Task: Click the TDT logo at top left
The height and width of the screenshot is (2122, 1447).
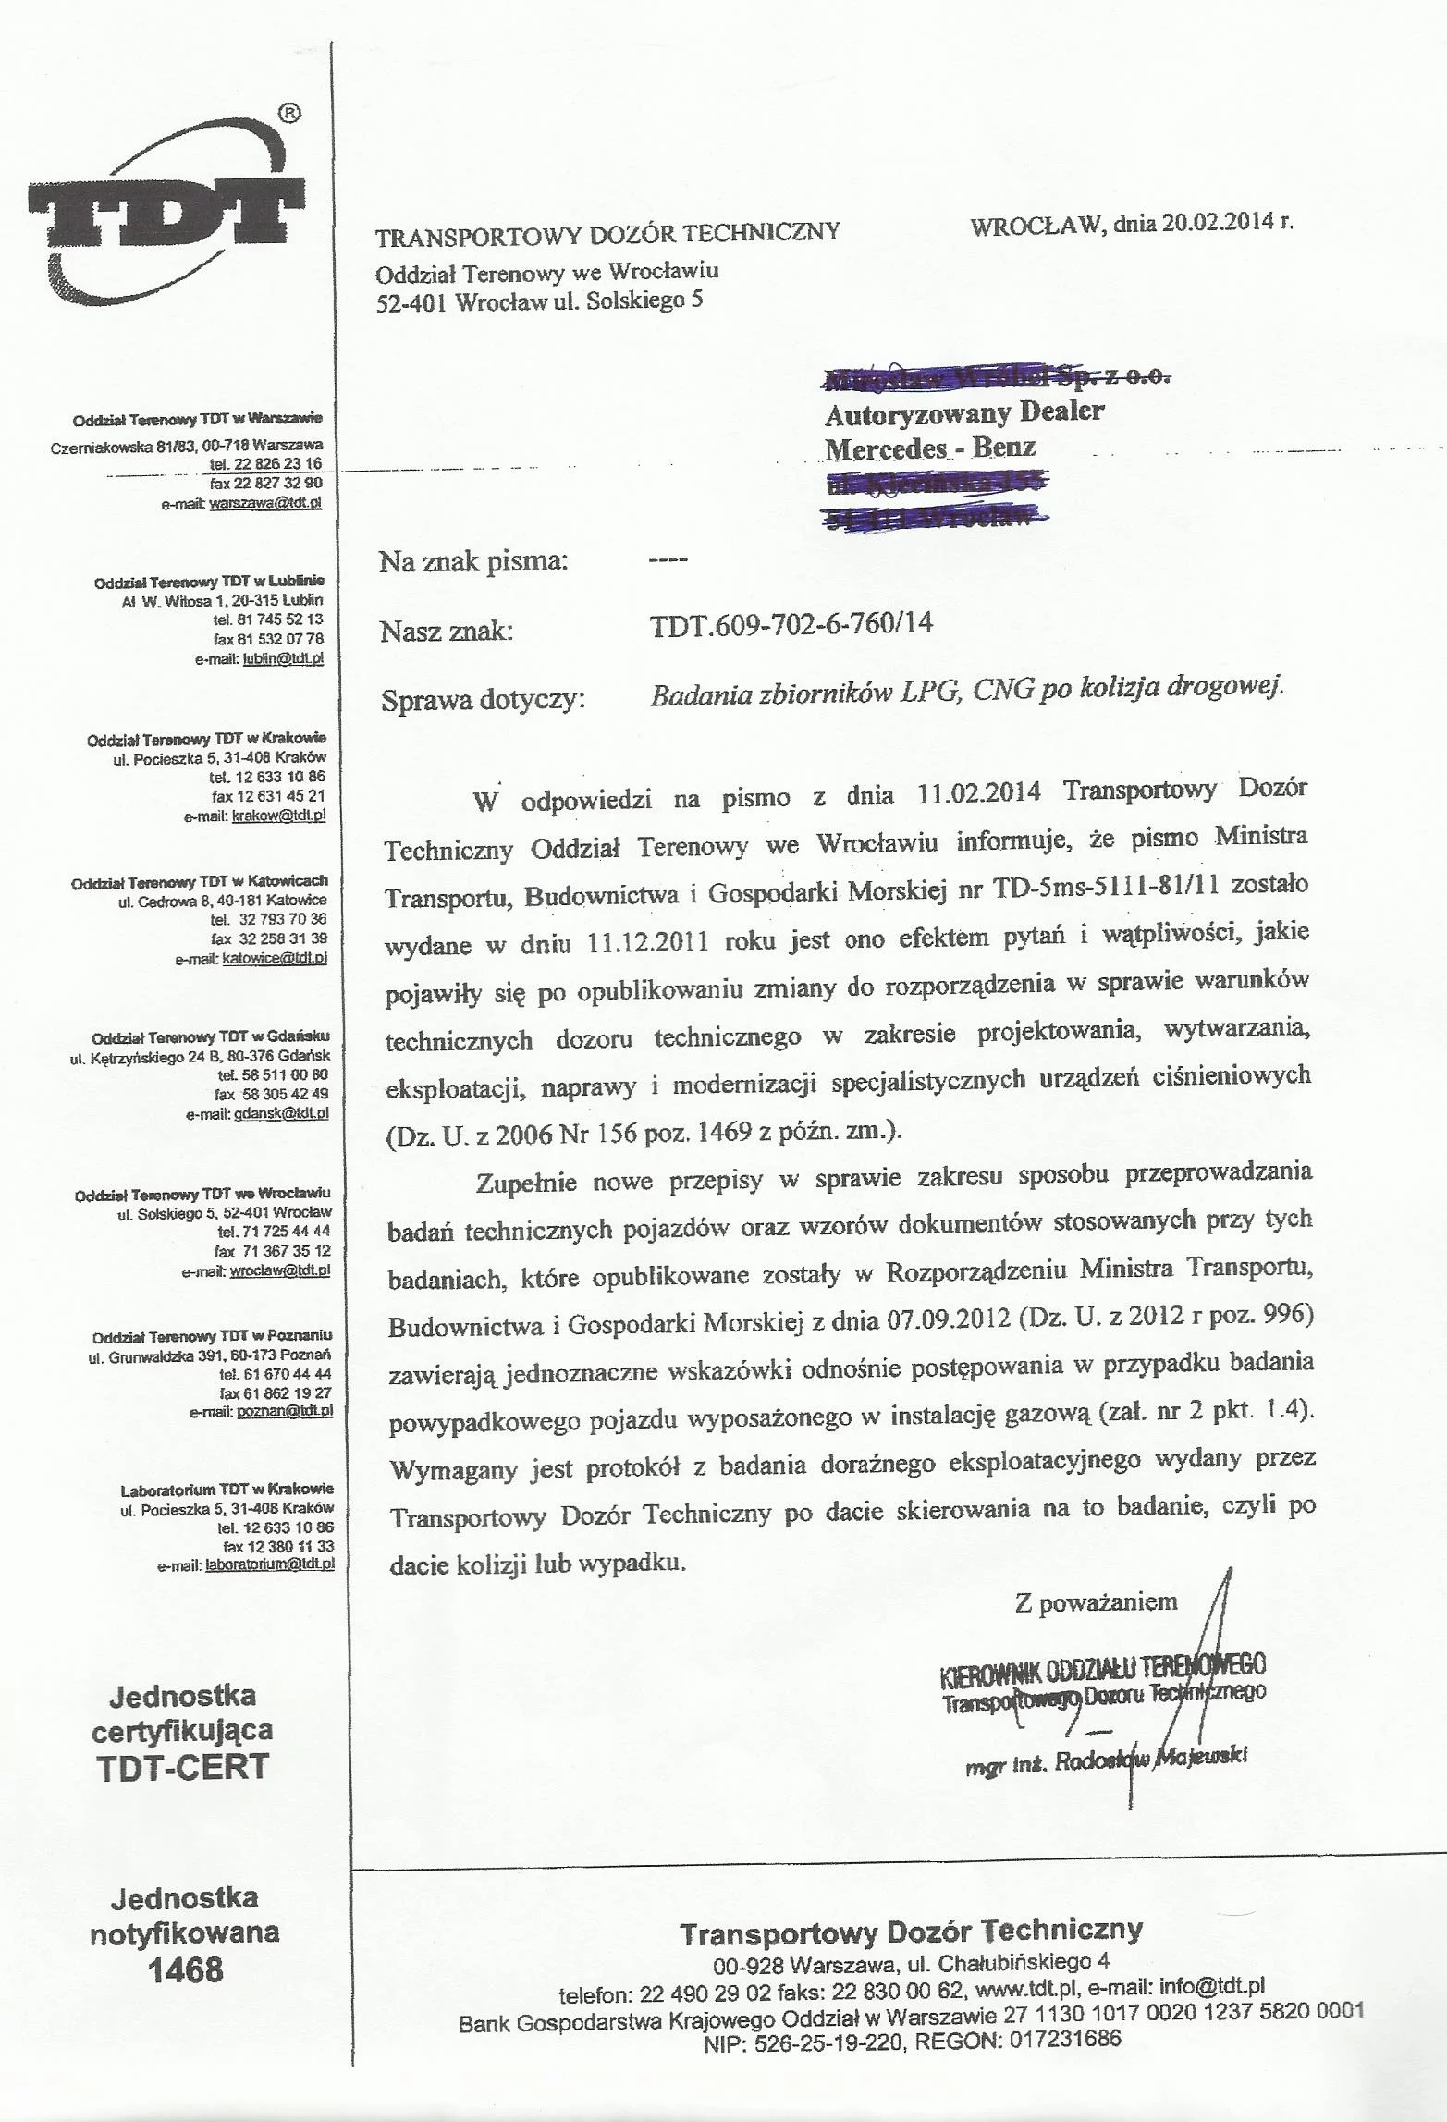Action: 166,213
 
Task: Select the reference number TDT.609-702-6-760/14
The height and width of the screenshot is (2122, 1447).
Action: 791,624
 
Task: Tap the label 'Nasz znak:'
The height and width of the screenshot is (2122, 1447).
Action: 446,632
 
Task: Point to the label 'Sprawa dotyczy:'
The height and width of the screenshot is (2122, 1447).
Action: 483,699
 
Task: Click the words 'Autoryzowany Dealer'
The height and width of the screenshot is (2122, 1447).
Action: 964,411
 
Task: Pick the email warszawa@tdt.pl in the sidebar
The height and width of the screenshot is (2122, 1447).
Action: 265,503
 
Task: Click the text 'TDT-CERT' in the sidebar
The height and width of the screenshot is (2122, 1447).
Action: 182,1767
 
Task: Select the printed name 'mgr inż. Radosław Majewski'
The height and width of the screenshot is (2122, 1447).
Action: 1105,1760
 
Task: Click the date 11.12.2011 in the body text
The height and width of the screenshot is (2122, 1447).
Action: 648,942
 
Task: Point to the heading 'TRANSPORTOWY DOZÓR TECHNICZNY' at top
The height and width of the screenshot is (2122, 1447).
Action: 607,234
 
